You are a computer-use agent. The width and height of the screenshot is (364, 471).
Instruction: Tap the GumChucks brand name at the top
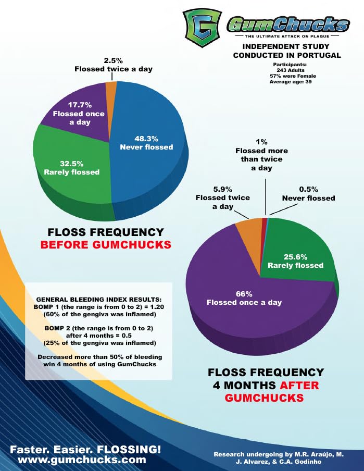click(x=288, y=24)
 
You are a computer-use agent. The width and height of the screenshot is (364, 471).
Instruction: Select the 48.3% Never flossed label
click(x=146, y=143)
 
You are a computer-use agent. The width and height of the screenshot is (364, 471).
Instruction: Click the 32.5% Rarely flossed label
click(x=71, y=168)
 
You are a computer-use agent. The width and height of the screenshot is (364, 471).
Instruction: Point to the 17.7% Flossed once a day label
click(x=79, y=114)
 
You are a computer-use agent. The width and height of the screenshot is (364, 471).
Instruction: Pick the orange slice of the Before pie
click(x=111, y=88)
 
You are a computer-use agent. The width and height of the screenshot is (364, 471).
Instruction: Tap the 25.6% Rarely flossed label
click(x=295, y=261)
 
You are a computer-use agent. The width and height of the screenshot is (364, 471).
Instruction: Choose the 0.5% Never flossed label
click(x=308, y=194)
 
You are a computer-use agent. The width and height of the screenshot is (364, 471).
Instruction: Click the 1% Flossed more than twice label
click(x=265, y=155)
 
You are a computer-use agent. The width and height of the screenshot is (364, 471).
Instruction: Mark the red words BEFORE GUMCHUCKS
click(x=106, y=245)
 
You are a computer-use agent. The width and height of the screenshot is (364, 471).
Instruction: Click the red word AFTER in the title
click(x=299, y=386)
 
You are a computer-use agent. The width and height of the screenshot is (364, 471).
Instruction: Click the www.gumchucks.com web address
click(x=82, y=460)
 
